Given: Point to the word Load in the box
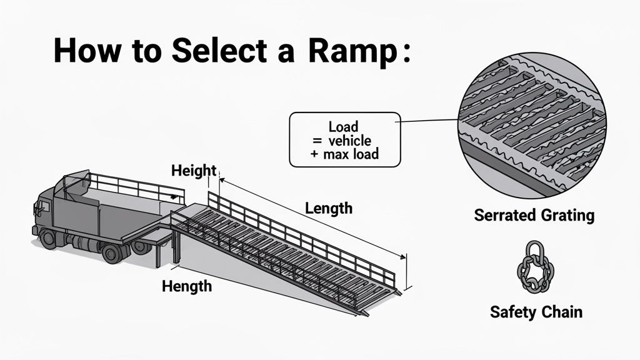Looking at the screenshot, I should tap(343, 127).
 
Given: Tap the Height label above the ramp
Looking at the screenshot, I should tap(193, 170).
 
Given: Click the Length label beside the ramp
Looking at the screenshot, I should tap(329, 208).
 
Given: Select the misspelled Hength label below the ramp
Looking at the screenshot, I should tap(186, 287).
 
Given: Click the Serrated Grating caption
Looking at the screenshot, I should tap(534, 216).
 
